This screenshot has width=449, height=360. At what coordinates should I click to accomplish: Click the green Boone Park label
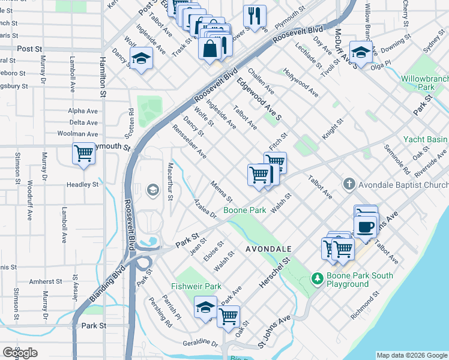(x=244, y=211)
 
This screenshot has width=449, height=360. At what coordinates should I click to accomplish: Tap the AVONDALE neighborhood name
(x=268, y=248)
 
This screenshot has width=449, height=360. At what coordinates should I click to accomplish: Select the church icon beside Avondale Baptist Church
(x=349, y=184)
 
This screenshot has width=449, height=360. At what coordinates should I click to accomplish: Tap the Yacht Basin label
(x=426, y=139)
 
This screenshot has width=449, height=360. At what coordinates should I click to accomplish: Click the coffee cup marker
(x=366, y=226)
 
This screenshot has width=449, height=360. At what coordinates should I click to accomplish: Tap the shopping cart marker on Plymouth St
(x=84, y=153)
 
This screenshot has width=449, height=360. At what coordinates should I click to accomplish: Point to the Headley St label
(x=82, y=185)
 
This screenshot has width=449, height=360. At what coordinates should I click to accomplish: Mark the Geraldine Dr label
(x=200, y=343)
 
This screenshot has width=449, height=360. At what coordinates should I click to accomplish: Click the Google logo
(x=20, y=353)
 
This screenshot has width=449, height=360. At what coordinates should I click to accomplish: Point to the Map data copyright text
(x=412, y=355)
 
